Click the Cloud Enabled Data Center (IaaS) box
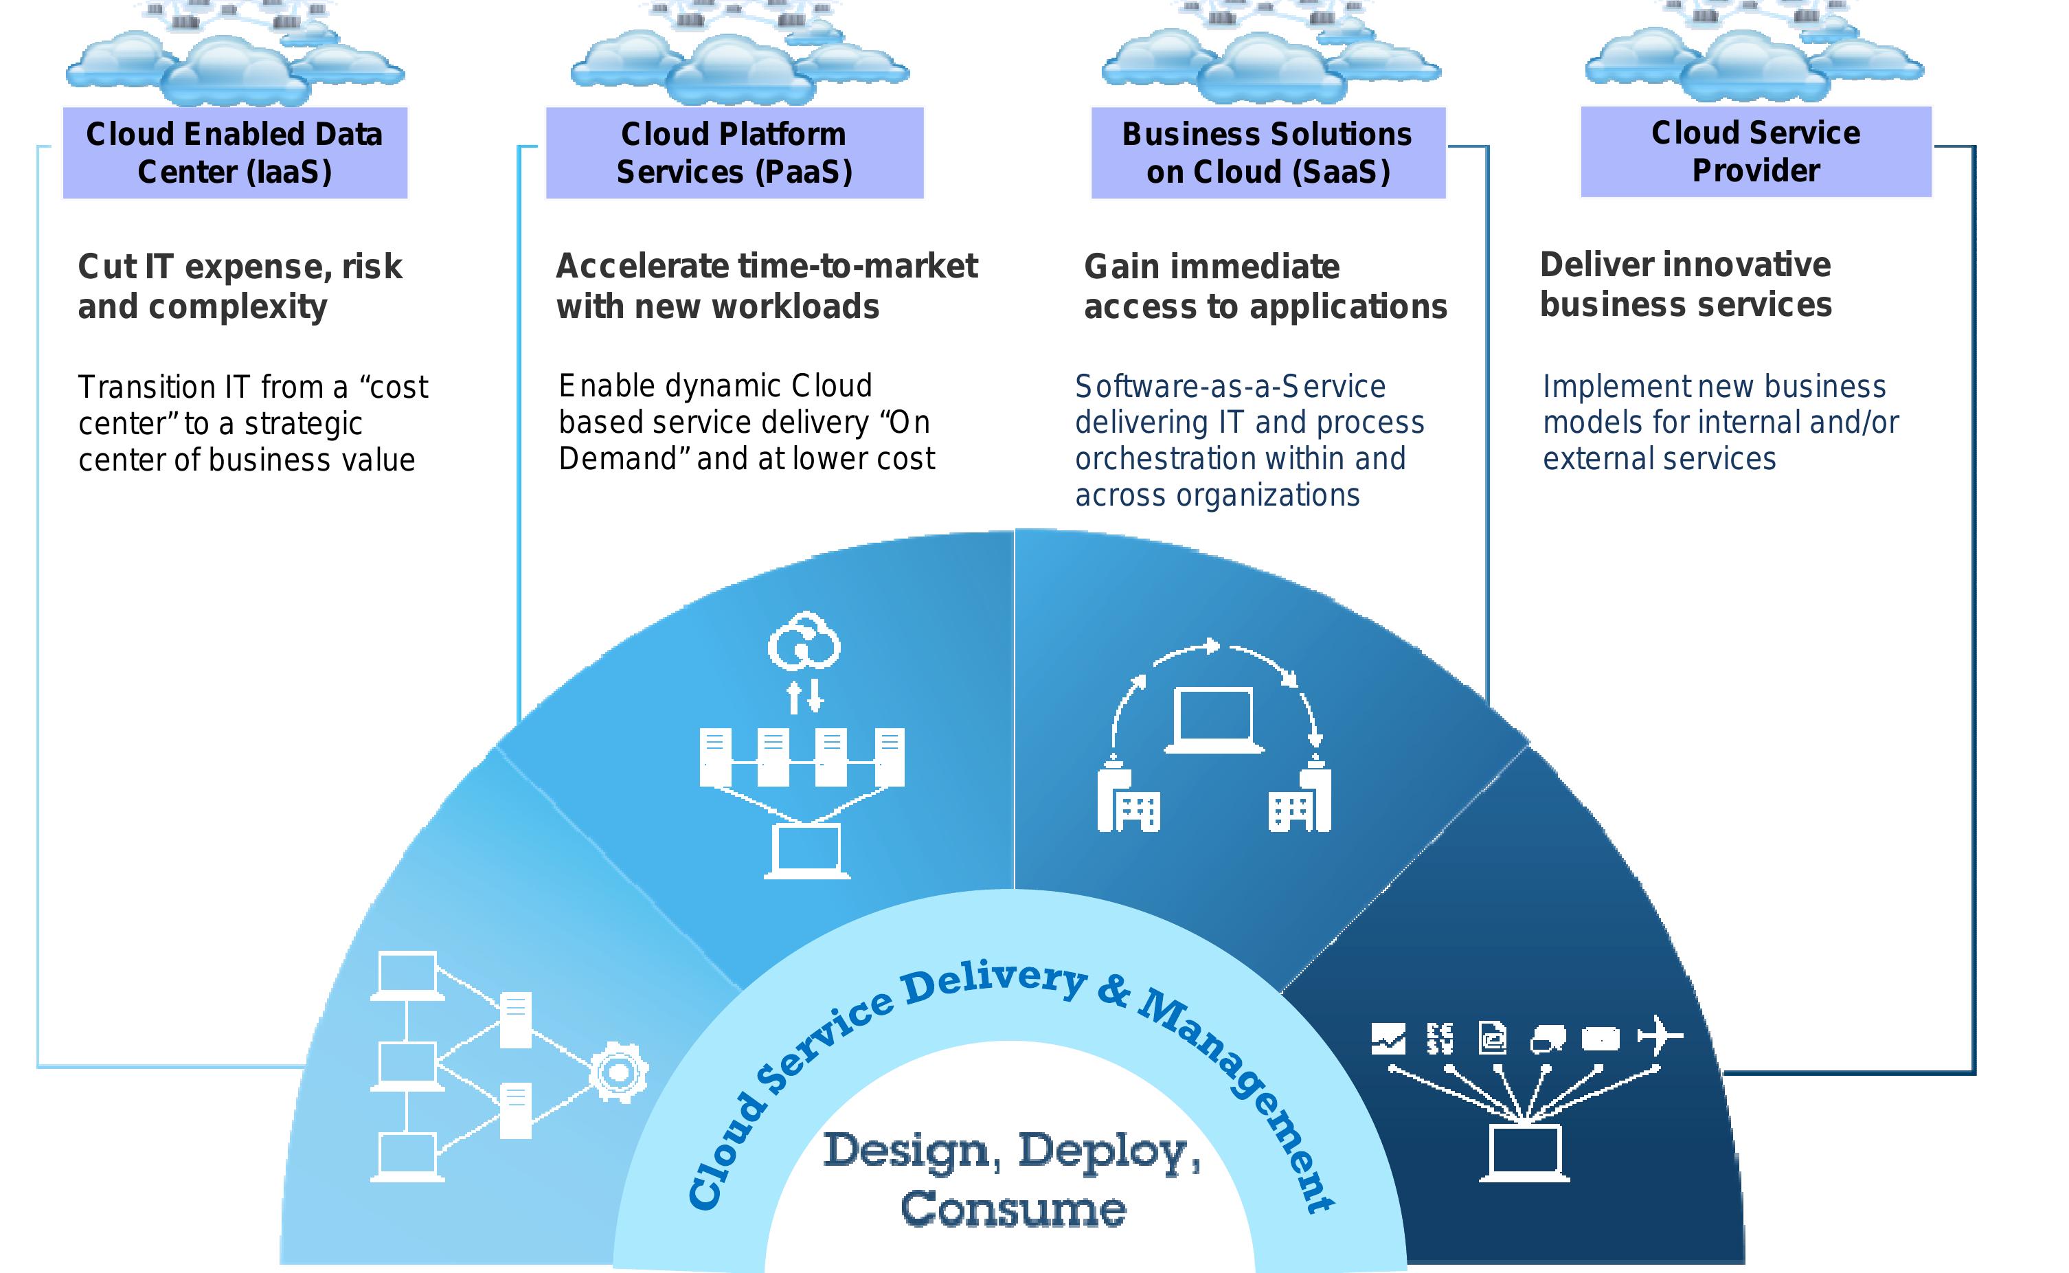coord(235,153)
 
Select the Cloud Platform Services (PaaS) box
coord(734,153)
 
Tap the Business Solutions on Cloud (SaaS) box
coord(1267,153)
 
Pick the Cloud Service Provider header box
coord(1756,152)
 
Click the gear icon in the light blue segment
coord(619,1072)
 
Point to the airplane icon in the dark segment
coord(1659,1035)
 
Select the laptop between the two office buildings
coord(1214,721)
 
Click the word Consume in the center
coord(1013,1210)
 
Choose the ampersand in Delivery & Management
coord(1113,992)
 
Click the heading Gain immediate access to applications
coord(1265,286)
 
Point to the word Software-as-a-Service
coord(1230,387)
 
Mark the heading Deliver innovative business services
coord(1685,284)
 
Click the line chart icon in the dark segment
coord(1388,1039)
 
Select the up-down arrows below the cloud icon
coord(804,697)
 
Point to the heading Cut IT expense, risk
coord(240,267)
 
